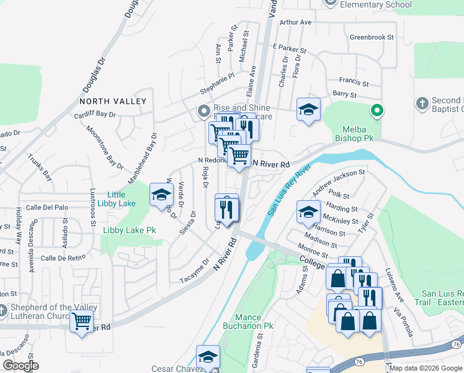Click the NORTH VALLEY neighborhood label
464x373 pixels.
click(113, 101)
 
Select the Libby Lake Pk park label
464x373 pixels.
click(128, 231)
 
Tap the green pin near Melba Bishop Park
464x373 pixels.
click(376, 112)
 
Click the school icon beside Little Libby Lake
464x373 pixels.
click(161, 195)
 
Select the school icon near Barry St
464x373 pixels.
click(308, 110)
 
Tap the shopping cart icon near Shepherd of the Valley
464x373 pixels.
click(82, 322)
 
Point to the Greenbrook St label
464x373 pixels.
click(372, 37)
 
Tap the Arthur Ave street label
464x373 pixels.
click(295, 22)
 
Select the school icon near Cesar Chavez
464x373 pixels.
click(208, 357)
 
